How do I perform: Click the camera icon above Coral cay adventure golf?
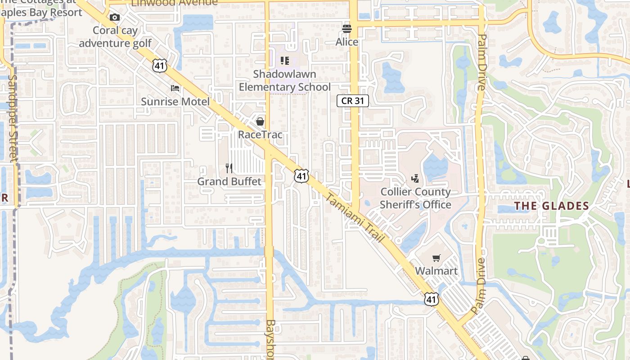(115, 18)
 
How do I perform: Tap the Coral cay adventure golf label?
(116, 37)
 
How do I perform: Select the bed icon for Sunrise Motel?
(175, 88)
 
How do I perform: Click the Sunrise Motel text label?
(175, 102)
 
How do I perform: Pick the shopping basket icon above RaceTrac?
(260, 121)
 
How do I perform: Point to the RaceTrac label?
(260, 135)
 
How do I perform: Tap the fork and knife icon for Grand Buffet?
(229, 168)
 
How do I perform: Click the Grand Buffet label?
(229, 181)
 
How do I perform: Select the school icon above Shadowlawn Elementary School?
(284, 60)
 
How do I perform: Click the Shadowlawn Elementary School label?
(284, 81)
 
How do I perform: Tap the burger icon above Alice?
(346, 29)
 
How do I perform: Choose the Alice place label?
(347, 42)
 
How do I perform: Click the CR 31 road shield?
(353, 101)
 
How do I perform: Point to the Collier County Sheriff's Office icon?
(415, 179)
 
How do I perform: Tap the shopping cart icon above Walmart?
(436, 258)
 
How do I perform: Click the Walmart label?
(436, 271)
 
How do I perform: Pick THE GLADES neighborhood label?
(551, 206)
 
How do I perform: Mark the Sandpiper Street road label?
(13, 118)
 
